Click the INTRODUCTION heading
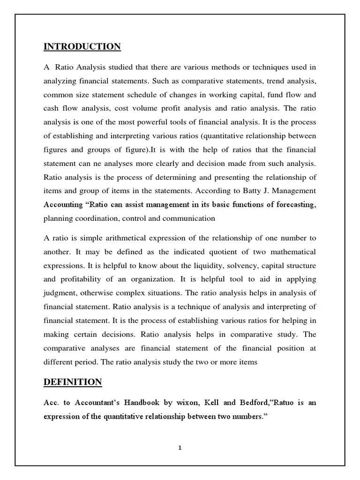tap(82, 46)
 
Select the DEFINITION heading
tap(73, 382)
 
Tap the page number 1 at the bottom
tap(180, 434)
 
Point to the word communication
tap(189, 218)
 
